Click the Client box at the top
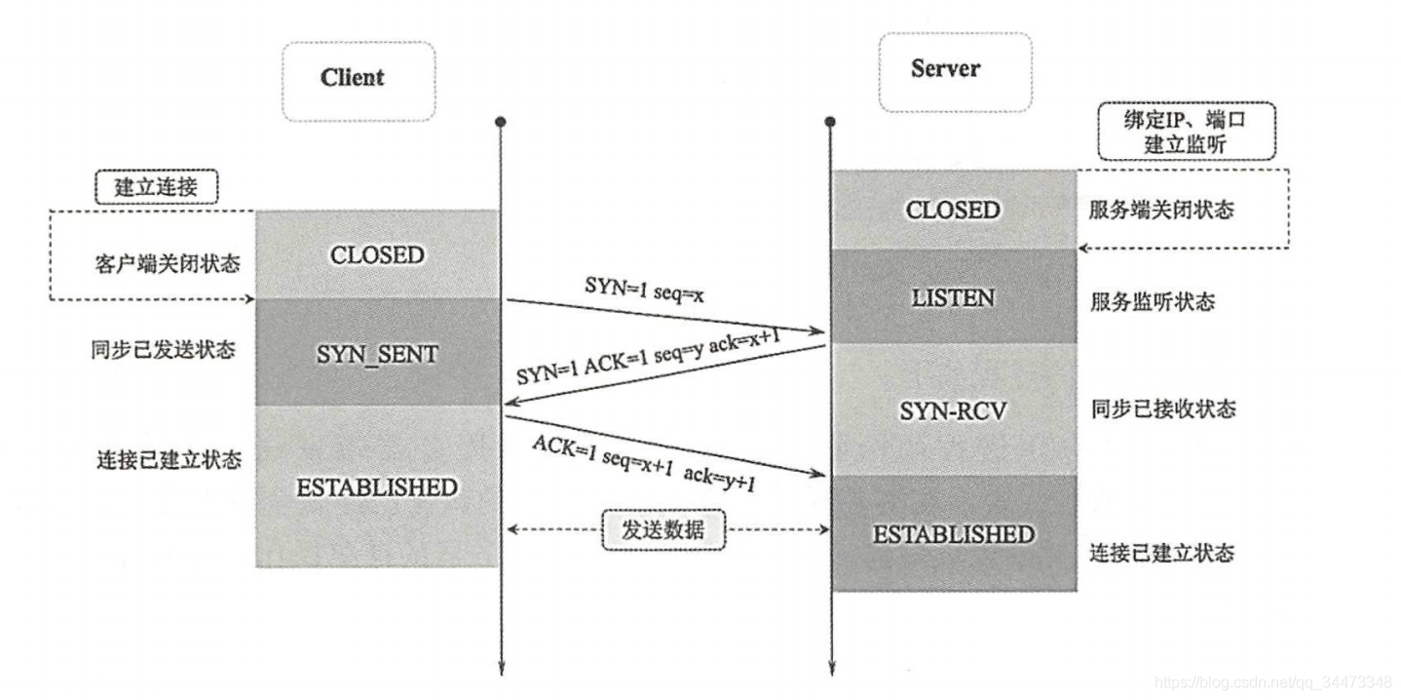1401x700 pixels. click(359, 81)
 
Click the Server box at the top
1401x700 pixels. click(955, 72)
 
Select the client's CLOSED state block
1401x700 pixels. click(377, 254)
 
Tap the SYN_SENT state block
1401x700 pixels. click(377, 353)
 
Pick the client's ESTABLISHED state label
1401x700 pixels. click(377, 487)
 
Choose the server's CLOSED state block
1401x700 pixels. click(954, 210)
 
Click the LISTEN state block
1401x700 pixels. click(954, 296)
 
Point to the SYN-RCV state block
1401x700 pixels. click(954, 410)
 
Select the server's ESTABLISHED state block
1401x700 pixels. click(954, 533)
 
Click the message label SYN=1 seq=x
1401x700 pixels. click(644, 290)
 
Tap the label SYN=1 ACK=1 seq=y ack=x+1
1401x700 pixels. click(649, 357)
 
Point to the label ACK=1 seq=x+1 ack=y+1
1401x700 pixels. click(644, 463)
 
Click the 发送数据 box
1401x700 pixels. click(663, 529)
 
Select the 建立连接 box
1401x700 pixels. click(156, 186)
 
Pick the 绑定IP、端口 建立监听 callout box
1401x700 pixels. click(1187, 132)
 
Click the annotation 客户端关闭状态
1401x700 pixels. click(168, 263)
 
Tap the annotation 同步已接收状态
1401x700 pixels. click(1163, 408)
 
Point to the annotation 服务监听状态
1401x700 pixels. click(1153, 302)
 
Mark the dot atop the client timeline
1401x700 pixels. click(501, 122)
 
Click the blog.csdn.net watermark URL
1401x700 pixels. click(1272, 681)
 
